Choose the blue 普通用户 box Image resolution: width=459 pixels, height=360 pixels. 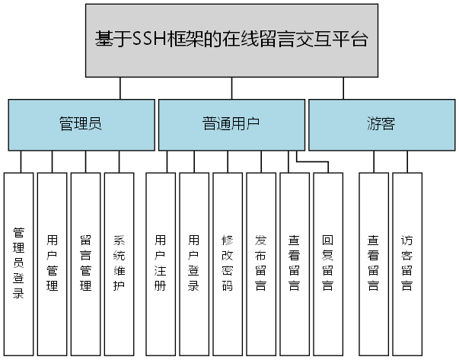point(231,124)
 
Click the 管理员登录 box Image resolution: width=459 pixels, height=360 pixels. point(19,263)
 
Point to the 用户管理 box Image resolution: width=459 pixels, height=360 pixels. point(53,263)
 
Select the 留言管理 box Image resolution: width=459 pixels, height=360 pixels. point(85,263)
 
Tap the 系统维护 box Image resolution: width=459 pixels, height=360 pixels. point(119,263)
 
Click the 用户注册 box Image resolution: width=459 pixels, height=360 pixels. point(160,263)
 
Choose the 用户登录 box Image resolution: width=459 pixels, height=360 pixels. point(193,263)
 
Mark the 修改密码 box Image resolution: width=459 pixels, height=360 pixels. point(227,263)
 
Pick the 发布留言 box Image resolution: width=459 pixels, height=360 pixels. point(260,263)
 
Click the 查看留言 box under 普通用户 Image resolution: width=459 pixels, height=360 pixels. point(294,263)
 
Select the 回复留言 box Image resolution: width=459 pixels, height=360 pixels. point(327,263)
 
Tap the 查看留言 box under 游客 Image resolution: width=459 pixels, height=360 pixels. point(374,263)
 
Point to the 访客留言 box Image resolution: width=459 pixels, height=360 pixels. point(407,263)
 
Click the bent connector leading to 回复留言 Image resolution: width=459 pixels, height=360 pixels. point(312,161)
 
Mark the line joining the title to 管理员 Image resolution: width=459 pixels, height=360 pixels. point(120,88)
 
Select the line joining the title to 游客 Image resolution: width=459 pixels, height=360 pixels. point(343,88)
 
